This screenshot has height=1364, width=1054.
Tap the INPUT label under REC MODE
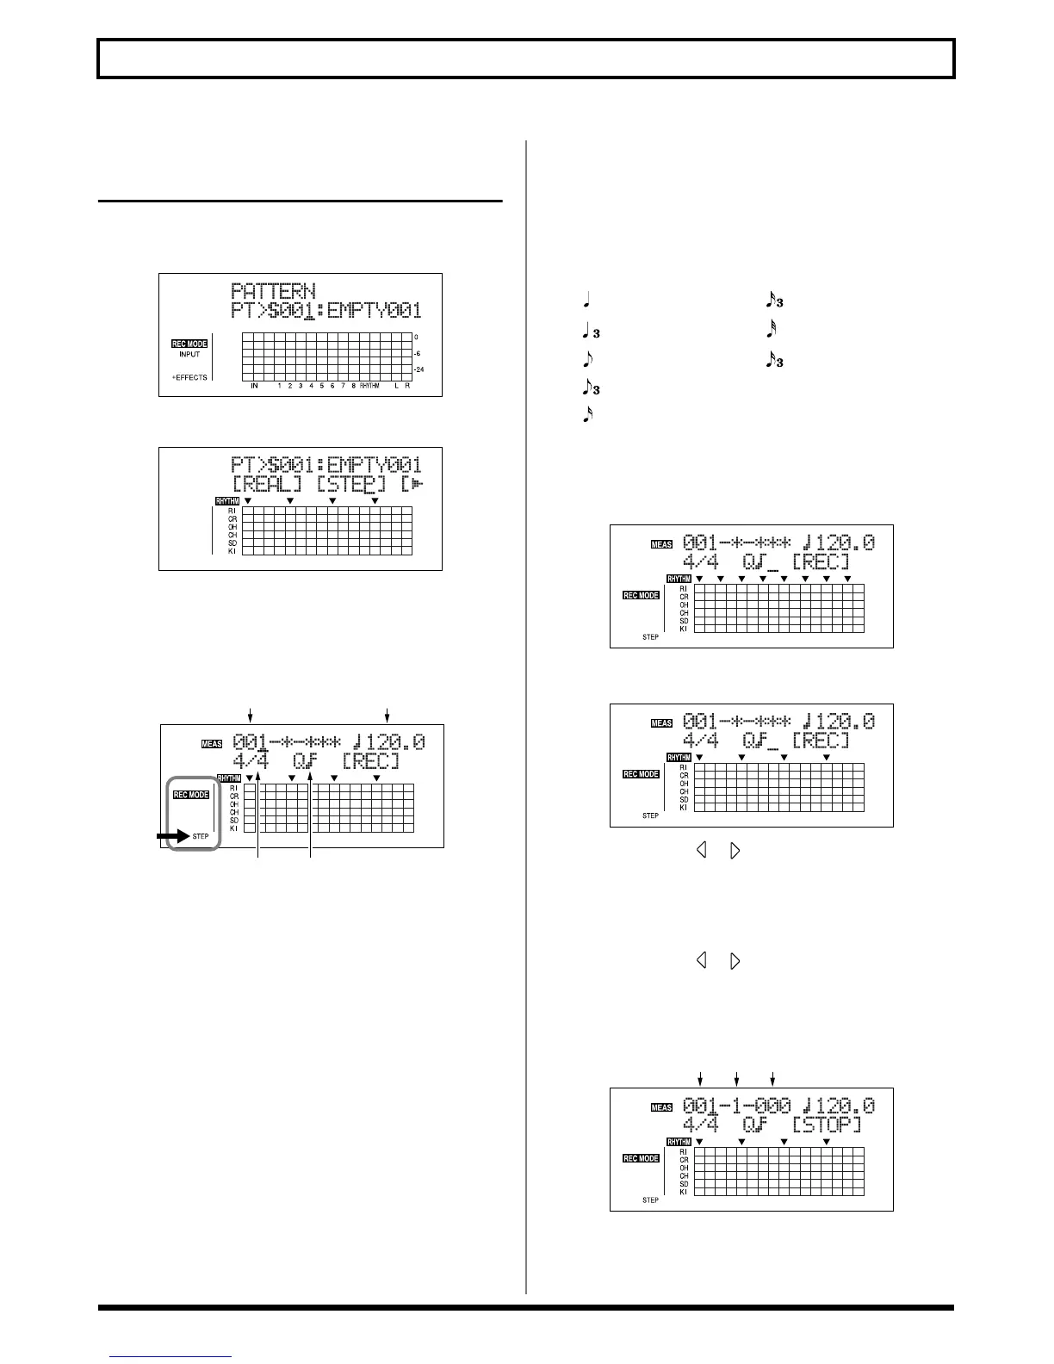[189, 355]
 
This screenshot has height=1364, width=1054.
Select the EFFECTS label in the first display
[190, 377]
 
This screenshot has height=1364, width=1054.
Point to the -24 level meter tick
[419, 370]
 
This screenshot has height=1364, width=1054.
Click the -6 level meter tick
[419, 353]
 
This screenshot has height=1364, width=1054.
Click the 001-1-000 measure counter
[736, 1105]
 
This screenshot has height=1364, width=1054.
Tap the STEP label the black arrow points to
[201, 836]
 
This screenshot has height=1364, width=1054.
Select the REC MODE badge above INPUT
[189, 344]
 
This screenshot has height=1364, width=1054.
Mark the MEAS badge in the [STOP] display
[661, 1107]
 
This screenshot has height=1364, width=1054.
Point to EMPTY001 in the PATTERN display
[375, 311]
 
